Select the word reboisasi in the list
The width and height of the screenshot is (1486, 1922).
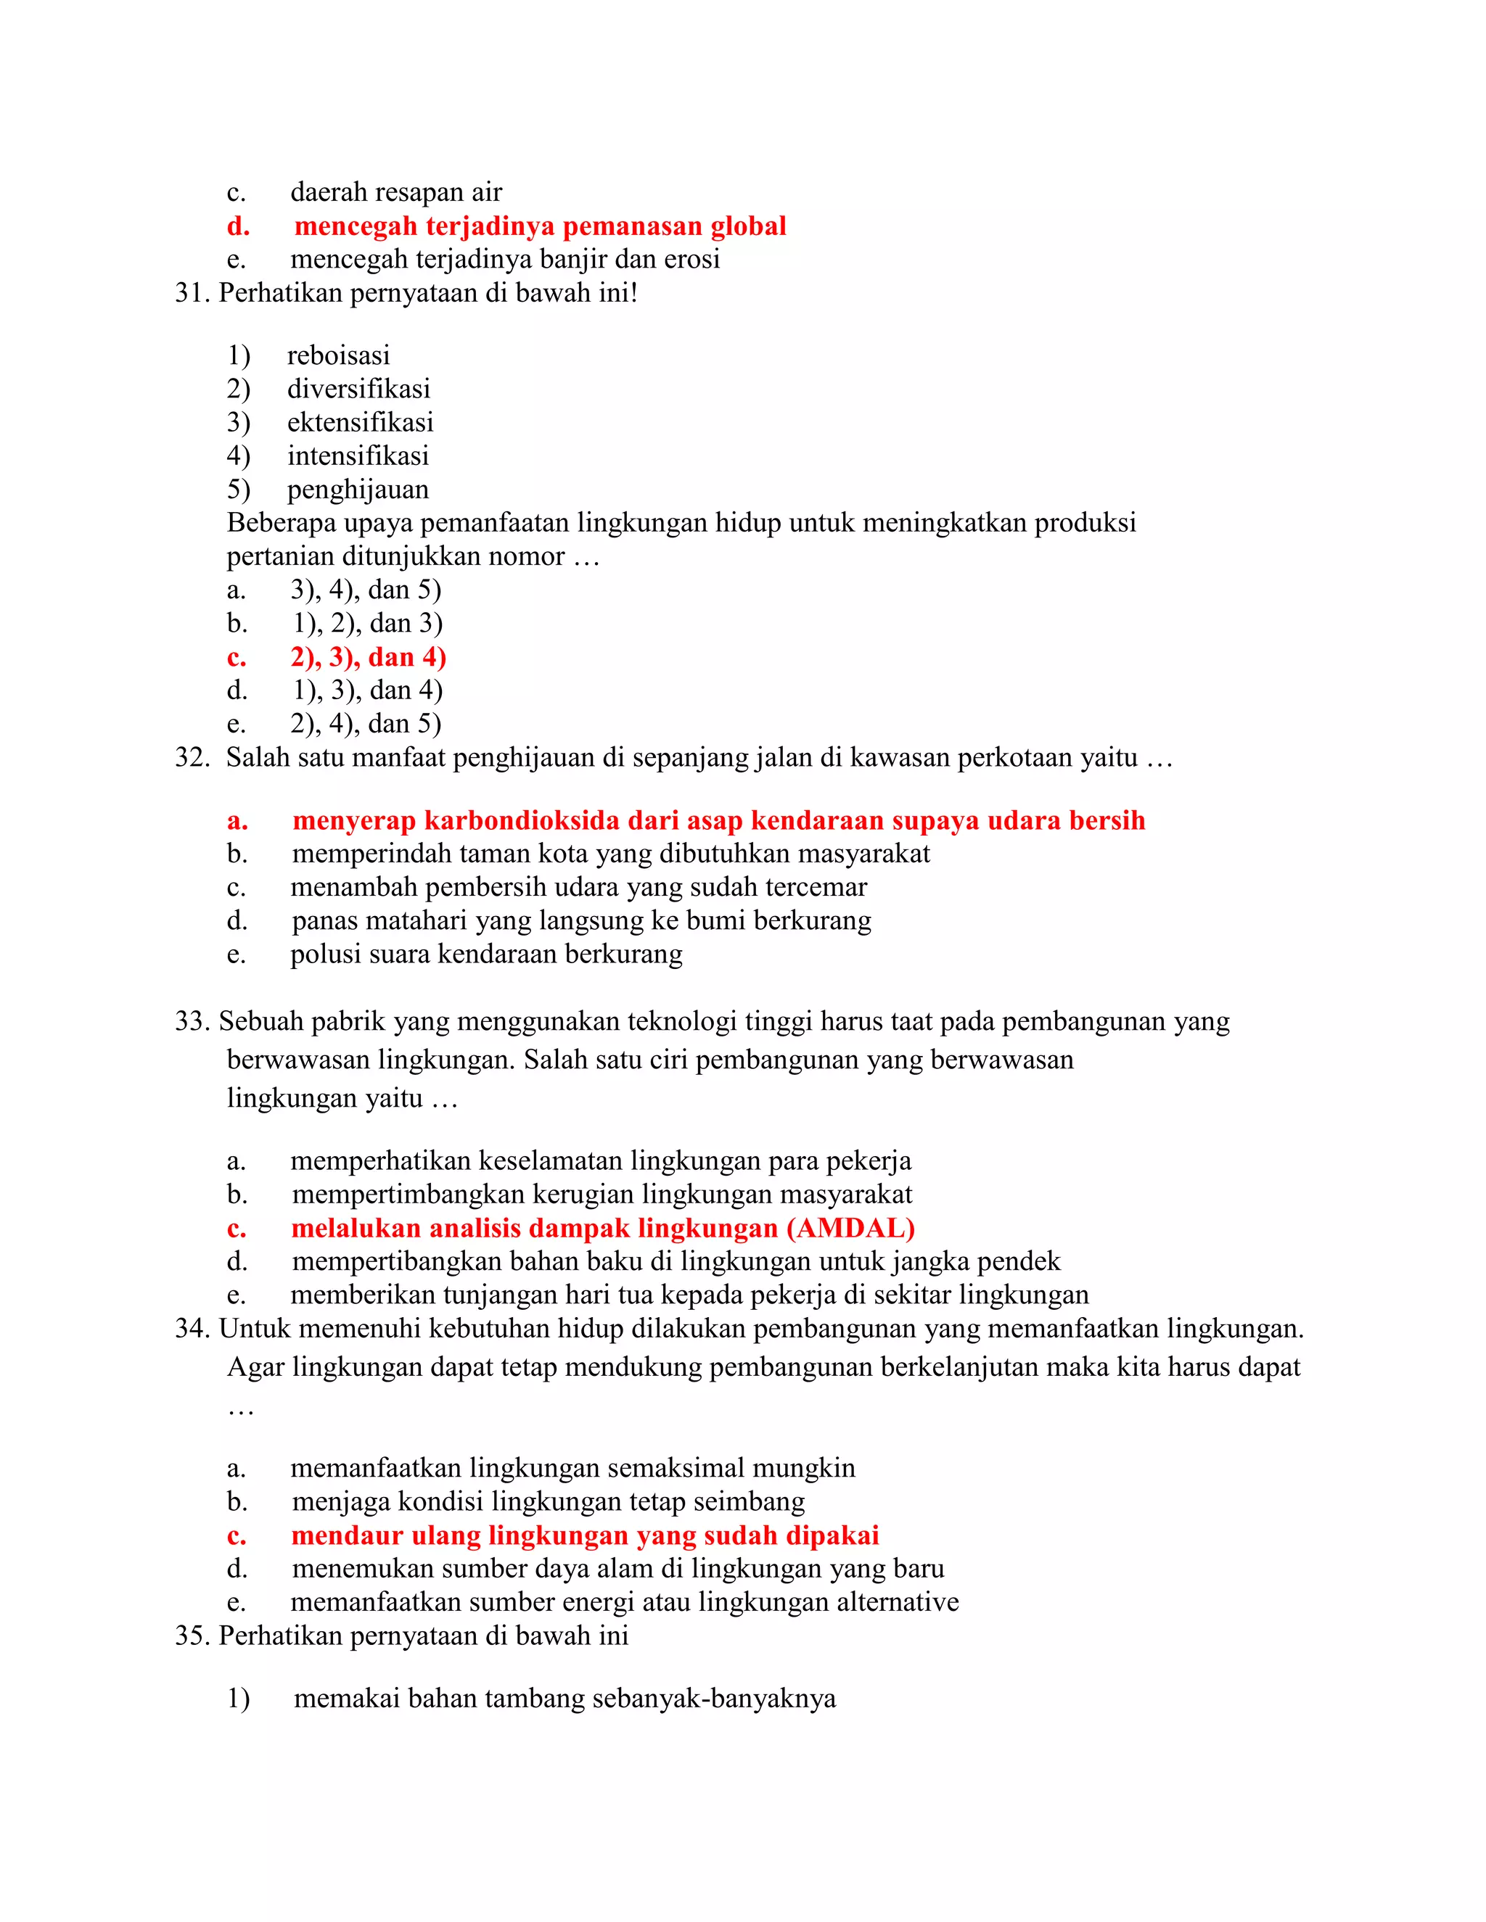338,355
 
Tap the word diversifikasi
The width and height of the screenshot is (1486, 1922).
358,389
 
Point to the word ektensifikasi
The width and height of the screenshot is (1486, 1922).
360,422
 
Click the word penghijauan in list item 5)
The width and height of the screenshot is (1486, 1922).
358,490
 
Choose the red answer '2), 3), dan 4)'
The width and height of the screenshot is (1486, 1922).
368,657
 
